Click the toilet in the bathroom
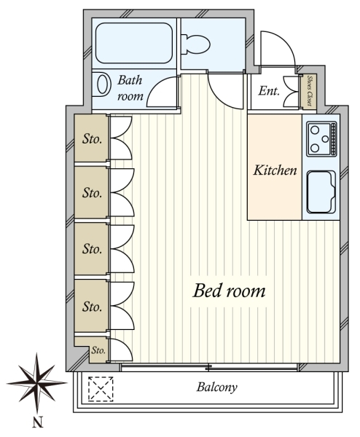[195, 44]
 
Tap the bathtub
[134, 43]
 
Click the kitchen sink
[321, 192]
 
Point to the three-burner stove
[321, 138]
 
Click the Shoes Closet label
[309, 90]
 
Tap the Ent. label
[269, 91]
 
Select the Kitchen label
[275, 170]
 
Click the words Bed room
[229, 291]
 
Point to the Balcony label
[217, 387]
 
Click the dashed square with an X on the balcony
[101, 389]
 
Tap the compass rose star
[37, 382]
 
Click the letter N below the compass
[38, 422]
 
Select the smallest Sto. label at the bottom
[98, 350]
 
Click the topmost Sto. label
[92, 139]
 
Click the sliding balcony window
[209, 367]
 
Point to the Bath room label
[130, 88]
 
